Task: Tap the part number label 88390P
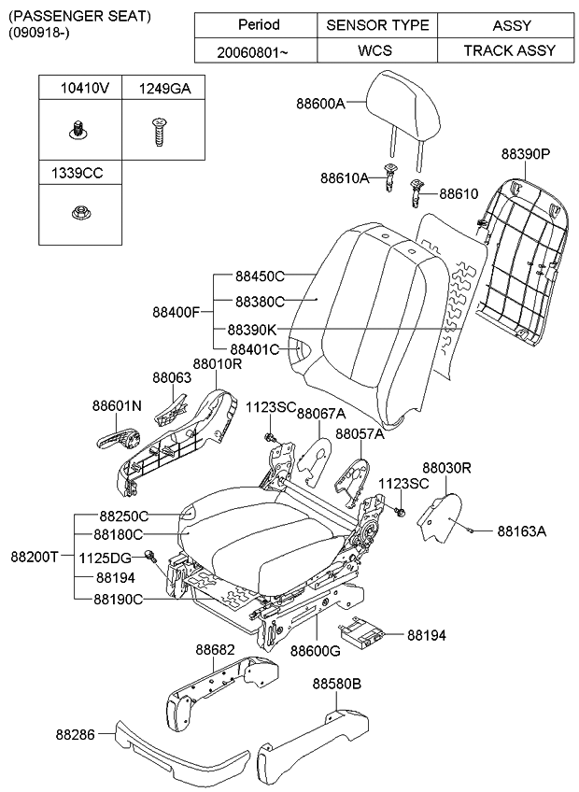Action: (525, 153)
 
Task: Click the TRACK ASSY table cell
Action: (510, 50)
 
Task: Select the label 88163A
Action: (520, 531)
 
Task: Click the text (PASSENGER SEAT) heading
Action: (71, 17)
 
